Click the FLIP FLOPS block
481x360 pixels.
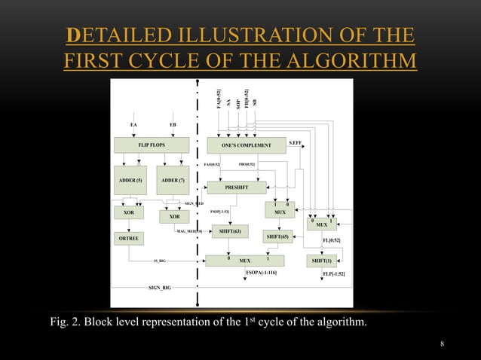click(152, 144)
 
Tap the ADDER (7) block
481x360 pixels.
click(174, 181)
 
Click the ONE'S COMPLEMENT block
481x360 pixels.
click(246, 144)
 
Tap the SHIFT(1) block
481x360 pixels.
click(323, 261)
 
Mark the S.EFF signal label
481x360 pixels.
click(296, 141)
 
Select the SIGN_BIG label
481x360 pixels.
click(160, 288)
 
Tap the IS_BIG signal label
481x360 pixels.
click(160, 261)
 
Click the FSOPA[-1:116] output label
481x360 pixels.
click(261, 272)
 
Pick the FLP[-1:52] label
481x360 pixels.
click(332, 272)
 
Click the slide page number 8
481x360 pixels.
click(443, 343)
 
